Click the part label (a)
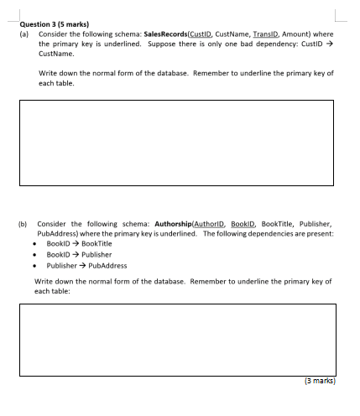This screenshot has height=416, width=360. point(24,34)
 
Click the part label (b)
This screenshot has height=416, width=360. point(24,224)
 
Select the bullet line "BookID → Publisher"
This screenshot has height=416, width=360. point(79,254)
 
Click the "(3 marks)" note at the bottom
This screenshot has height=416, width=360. point(319,380)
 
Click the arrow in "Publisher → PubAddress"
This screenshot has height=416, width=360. point(80,265)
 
